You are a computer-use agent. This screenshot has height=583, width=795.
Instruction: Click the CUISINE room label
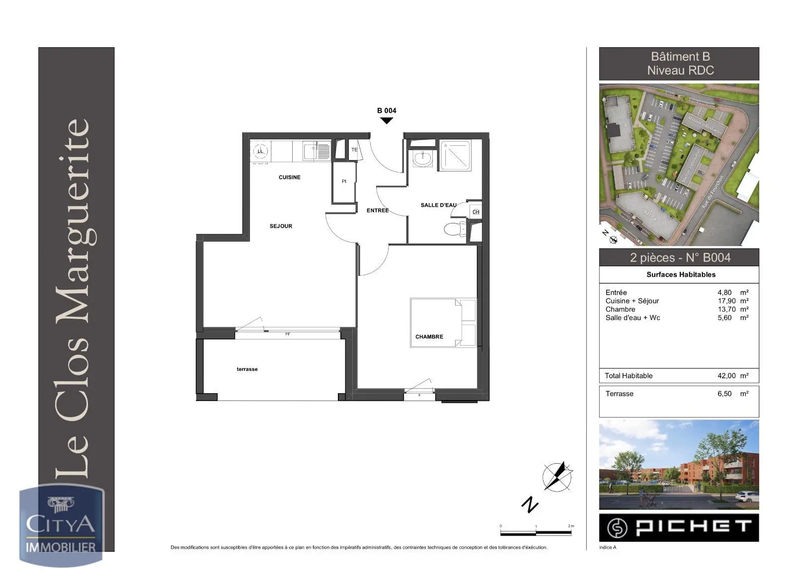289,177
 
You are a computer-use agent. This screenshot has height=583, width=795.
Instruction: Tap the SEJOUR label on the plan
281,226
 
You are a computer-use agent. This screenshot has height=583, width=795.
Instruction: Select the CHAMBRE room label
429,337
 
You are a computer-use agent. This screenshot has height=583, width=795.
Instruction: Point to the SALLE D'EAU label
438,205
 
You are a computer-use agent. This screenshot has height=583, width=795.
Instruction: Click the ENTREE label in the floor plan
378,211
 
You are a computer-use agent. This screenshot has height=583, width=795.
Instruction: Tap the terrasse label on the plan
247,369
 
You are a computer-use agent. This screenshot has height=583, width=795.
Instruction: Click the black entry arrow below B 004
386,120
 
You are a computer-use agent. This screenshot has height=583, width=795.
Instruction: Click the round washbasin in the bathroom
423,159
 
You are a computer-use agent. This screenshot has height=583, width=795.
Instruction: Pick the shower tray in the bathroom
455,156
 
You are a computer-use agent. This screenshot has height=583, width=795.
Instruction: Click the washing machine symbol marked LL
260,152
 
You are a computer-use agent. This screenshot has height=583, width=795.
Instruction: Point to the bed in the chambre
443,322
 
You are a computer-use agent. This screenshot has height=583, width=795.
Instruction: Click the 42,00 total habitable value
726,376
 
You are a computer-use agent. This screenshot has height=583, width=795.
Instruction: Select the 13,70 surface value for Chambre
726,309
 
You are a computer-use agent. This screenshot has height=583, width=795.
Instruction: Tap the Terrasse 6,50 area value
724,394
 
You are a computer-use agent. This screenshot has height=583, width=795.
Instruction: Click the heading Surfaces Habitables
681,274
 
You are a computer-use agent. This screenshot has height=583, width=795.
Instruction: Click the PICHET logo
679,527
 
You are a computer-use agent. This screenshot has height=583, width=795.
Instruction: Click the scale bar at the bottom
536,533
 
